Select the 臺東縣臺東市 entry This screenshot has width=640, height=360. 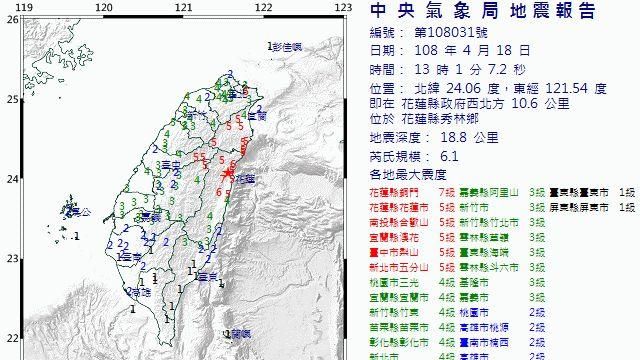pyautogui.click(x=583, y=190)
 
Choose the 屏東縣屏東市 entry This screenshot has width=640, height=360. pyautogui.click(x=583, y=206)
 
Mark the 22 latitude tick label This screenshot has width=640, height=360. pyautogui.click(x=8, y=338)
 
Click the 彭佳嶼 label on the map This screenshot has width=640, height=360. pyautogui.click(x=287, y=46)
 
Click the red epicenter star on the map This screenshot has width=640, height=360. pyautogui.click(x=228, y=177)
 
